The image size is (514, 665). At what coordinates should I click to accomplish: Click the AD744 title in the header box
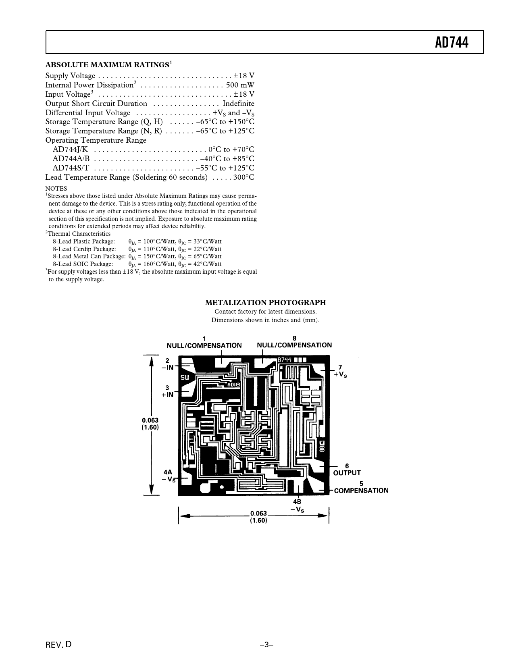tap(452, 43)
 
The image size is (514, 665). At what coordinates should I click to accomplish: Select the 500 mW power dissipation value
tap(240, 85)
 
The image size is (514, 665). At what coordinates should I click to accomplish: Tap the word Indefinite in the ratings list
tap(238, 104)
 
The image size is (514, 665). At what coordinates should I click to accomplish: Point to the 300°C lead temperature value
tap(243, 177)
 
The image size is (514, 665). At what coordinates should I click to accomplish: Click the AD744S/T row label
tap(71, 168)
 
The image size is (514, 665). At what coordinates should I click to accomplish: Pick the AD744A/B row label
tap(71, 158)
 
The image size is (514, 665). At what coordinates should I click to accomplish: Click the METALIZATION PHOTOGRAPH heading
tap(265, 302)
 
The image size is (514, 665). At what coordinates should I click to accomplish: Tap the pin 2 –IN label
tap(167, 364)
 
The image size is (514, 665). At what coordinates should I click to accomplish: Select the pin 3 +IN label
tap(167, 391)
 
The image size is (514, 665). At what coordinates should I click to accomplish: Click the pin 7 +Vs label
tap(340, 371)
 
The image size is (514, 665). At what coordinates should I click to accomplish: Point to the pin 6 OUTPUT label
tap(347, 470)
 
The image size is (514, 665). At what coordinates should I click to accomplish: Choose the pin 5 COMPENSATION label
tap(361, 487)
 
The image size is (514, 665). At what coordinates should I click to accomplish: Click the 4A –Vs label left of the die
tap(169, 476)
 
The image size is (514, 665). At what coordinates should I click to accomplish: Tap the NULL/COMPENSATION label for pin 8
tap(294, 342)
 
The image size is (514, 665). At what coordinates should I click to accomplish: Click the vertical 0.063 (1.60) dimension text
tap(150, 424)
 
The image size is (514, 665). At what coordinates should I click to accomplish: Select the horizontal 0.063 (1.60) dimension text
tap(259, 517)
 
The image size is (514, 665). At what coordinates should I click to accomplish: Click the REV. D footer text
tap(58, 644)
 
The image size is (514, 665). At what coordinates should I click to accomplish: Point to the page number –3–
tap(266, 644)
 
